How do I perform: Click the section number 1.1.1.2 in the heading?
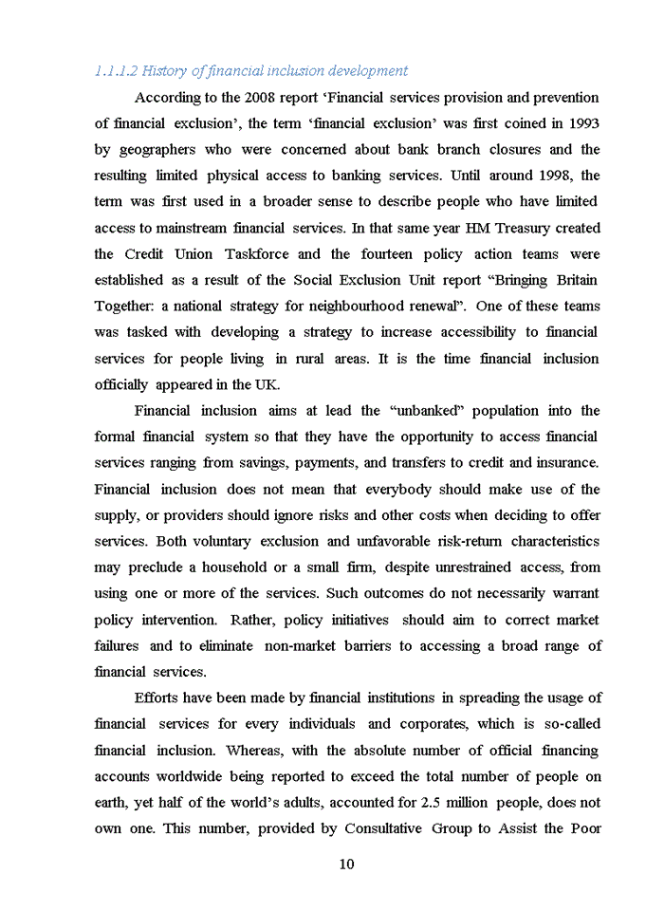116,71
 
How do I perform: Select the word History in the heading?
164,71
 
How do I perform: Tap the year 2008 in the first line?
260,98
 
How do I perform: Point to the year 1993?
582,123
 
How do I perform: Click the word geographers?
155,150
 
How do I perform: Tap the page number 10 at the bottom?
346,865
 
